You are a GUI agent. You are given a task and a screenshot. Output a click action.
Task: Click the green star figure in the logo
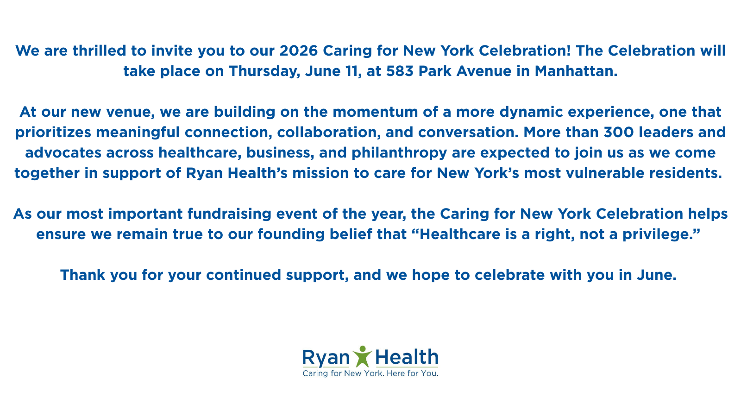click(362, 357)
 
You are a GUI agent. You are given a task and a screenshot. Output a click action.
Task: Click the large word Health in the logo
click(406, 357)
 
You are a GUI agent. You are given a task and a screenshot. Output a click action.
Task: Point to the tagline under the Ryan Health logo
click(370, 373)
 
